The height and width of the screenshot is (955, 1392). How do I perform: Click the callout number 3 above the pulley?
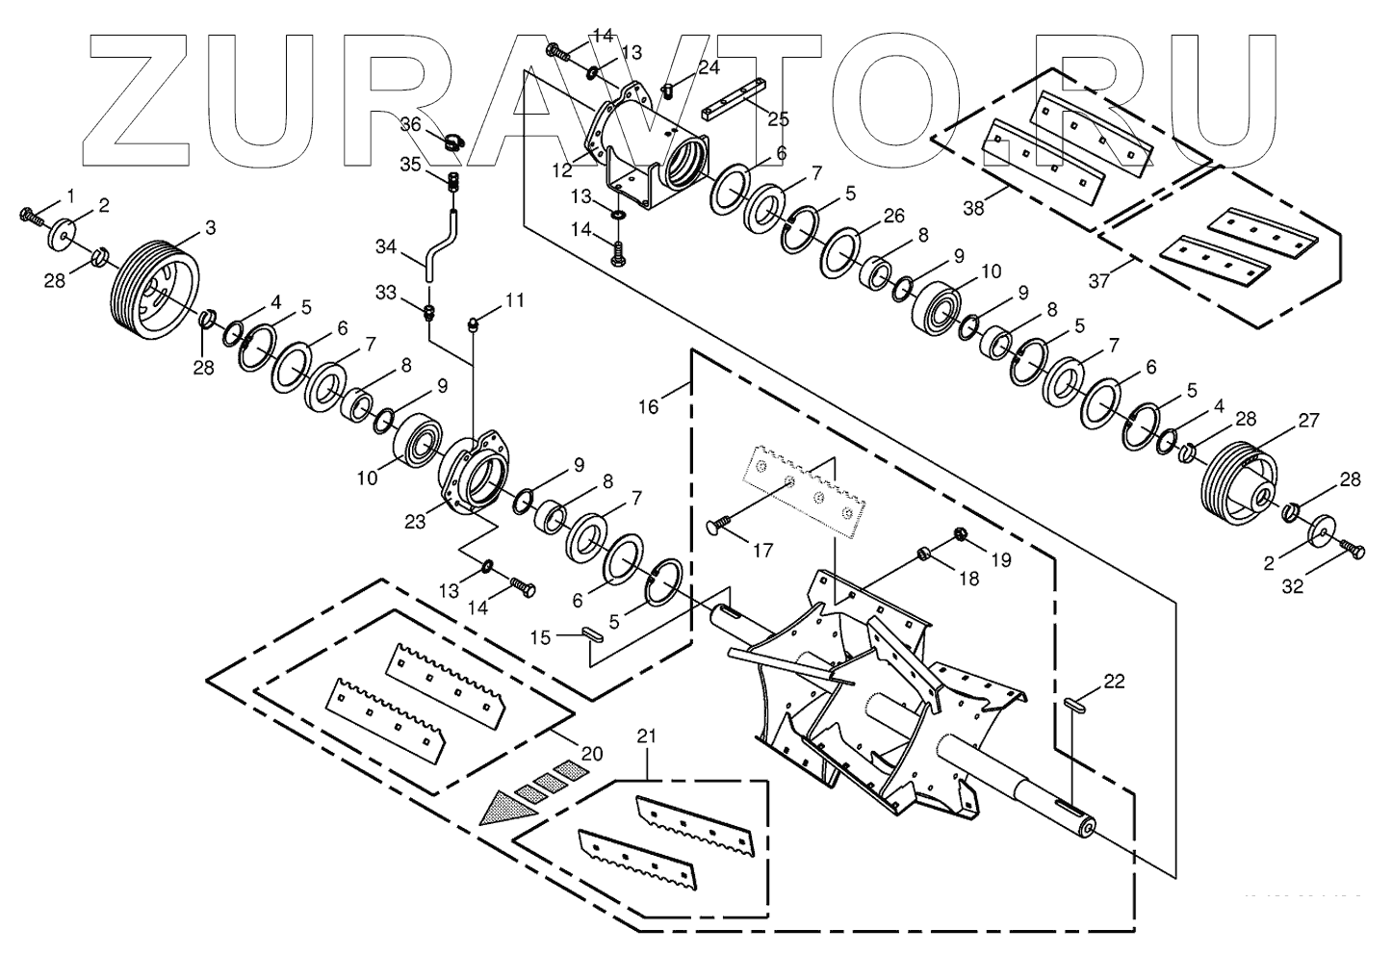(210, 228)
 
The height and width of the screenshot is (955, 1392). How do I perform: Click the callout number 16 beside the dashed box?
(648, 407)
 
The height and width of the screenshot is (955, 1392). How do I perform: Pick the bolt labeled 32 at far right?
(1353, 550)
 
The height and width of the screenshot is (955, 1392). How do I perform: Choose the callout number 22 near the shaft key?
(1114, 682)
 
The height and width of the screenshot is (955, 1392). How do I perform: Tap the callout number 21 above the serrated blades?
(647, 736)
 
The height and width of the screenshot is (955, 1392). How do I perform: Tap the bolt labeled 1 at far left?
(31, 215)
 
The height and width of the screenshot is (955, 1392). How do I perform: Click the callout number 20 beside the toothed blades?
(591, 754)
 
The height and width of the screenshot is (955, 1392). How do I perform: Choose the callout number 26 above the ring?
(893, 215)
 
